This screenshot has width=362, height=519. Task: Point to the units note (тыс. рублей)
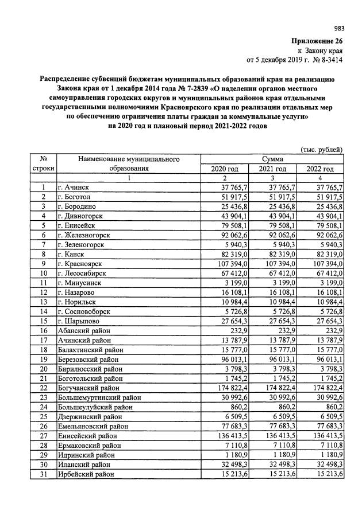(x=323, y=150)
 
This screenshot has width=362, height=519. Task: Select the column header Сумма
(x=272, y=159)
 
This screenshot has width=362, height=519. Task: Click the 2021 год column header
(x=273, y=169)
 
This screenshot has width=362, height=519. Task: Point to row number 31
(x=43, y=474)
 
